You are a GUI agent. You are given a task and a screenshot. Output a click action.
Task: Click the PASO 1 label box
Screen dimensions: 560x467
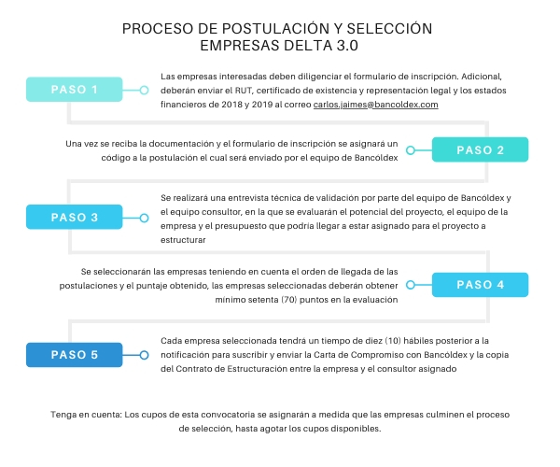pos(75,90)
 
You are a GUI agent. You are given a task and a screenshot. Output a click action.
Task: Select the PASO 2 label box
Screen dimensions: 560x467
pos(480,149)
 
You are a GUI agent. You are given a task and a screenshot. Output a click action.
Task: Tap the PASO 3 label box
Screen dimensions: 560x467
pos(75,217)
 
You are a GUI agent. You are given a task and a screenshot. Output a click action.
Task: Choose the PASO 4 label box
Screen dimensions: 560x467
pos(480,285)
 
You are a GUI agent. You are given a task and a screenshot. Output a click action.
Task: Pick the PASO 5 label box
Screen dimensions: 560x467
pos(75,355)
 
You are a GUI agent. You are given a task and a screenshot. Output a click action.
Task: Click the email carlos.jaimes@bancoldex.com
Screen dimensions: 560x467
pos(376,105)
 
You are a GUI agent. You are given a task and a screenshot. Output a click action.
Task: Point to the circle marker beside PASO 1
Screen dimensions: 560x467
pos(144,90)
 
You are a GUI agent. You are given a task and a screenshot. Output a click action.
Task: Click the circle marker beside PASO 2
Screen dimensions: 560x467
pos(411,150)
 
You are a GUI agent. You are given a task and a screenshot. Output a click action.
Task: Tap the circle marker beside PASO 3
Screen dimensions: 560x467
pos(144,218)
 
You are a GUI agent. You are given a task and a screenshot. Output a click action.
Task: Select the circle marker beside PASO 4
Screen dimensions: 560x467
pos(411,285)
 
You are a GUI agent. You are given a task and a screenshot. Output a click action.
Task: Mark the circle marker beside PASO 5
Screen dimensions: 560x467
pos(144,355)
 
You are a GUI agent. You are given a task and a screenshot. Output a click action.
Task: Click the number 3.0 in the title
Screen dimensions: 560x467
pos(347,46)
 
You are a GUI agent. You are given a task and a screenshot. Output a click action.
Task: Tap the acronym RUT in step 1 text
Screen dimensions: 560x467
pos(244,91)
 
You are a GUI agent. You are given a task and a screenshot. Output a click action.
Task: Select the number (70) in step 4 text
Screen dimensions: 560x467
pos(289,300)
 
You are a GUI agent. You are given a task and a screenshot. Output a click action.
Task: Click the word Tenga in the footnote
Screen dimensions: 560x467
pos(63,415)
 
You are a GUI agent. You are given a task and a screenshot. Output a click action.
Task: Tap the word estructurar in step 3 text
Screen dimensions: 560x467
pos(183,240)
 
